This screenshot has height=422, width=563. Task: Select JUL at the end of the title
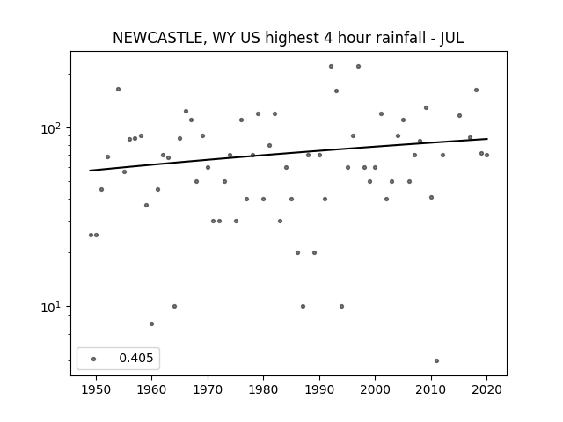point(452,37)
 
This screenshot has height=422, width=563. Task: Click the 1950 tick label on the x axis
point(96,389)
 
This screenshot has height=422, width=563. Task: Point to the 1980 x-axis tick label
point(263,389)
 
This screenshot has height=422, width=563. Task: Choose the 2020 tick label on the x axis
point(486,389)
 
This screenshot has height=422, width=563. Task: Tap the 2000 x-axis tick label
point(375,389)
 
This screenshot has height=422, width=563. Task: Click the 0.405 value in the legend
point(136,358)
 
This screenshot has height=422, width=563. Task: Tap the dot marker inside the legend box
point(94,359)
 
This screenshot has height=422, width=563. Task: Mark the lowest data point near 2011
point(436,360)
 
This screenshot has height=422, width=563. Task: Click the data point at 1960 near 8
point(151,324)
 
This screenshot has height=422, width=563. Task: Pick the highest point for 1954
point(118,89)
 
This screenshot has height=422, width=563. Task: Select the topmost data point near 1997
point(358,67)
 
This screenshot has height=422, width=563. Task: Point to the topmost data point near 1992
point(331,67)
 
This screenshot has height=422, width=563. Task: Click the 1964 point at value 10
point(174,306)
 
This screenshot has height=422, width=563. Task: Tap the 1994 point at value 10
point(341,306)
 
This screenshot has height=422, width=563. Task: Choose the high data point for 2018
point(476,90)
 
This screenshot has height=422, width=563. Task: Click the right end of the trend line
point(487,139)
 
